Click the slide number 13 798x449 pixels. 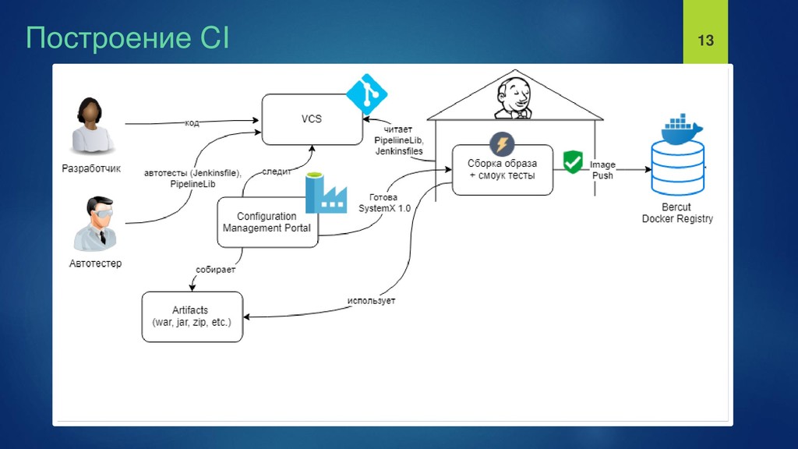(x=705, y=41)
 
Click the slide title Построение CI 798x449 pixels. (x=127, y=37)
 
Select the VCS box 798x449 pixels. (x=312, y=119)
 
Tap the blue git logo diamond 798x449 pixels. (x=366, y=94)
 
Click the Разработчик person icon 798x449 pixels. (x=92, y=126)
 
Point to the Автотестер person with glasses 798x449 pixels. (x=96, y=224)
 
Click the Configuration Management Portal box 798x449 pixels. (x=268, y=222)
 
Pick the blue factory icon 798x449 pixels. (x=326, y=193)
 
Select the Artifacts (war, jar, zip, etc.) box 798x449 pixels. (x=192, y=316)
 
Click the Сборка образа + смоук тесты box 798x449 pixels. (x=503, y=169)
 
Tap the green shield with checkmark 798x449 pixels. (x=573, y=162)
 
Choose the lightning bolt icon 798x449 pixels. (x=502, y=144)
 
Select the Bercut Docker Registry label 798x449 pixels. (x=677, y=213)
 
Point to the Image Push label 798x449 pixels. (x=602, y=170)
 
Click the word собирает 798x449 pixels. (x=215, y=269)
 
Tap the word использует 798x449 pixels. (x=371, y=300)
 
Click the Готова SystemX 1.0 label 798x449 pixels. (x=384, y=203)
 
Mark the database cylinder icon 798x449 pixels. (x=678, y=168)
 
